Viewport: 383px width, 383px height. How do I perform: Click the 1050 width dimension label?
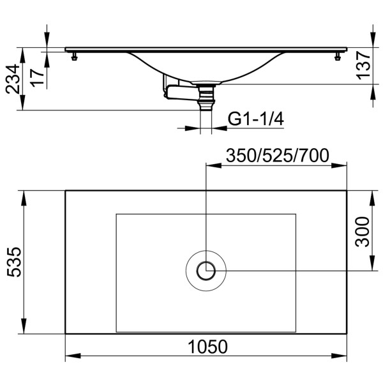click(208, 347)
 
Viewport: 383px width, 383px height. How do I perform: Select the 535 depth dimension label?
click(14, 262)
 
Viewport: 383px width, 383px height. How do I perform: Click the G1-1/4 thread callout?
click(255, 119)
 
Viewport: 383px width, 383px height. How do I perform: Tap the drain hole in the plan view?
click(206, 271)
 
